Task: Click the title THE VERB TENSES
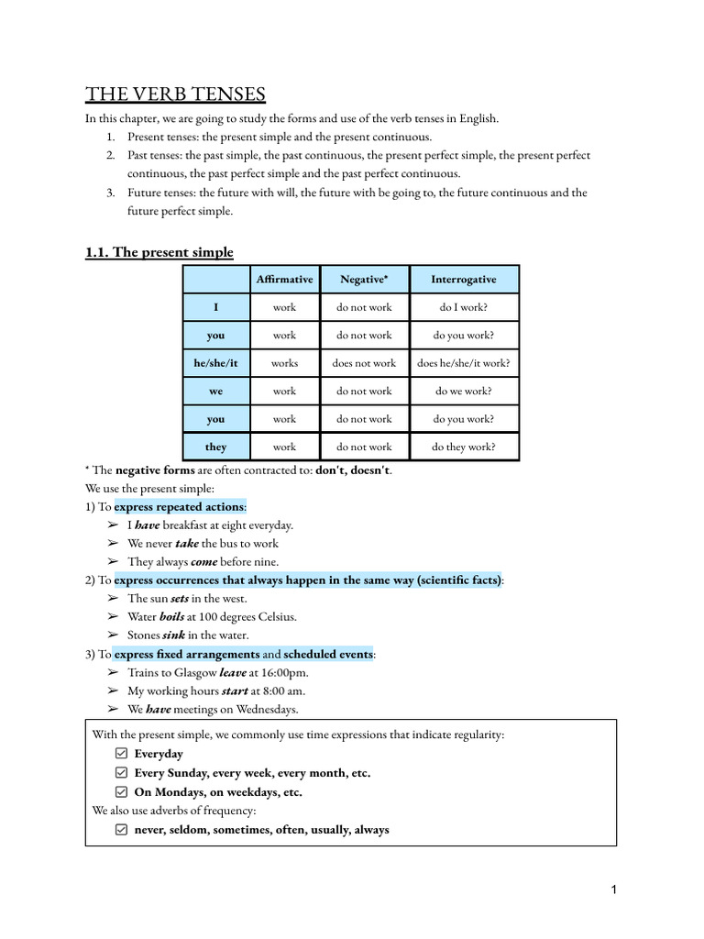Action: (x=175, y=94)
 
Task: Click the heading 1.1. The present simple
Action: (x=159, y=252)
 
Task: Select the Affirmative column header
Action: (x=284, y=280)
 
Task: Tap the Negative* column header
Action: (x=364, y=280)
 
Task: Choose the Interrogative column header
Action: (x=464, y=280)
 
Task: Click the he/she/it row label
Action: (x=215, y=363)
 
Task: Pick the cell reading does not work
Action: (x=364, y=363)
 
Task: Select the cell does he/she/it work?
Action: (x=464, y=363)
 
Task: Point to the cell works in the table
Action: (x=284, y=363)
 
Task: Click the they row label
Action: (x=215, y=447)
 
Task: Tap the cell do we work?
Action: (x=464, y=391)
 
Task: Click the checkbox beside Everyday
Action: (x=121, y=754)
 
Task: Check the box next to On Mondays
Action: (x=121, y=792)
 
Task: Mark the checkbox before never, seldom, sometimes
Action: (x=121, y=830)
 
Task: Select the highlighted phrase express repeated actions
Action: (x=179, y=507)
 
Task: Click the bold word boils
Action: (x=171, y=616)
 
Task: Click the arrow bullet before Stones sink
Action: (x=113, y=635)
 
